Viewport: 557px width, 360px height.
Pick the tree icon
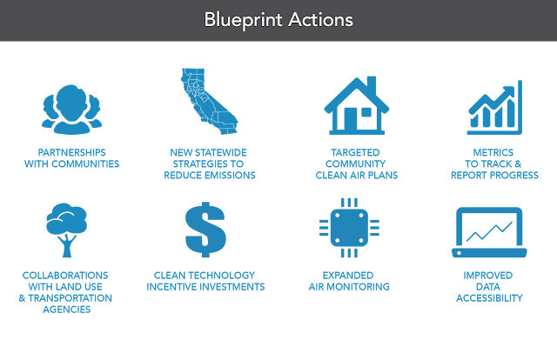pyautogui.click(x=67, y=229)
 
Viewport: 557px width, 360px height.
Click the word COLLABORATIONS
pyautogui.click(x=67, y=275)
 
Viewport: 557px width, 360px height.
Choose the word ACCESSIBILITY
pyautogui.click(x=489, y=297)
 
